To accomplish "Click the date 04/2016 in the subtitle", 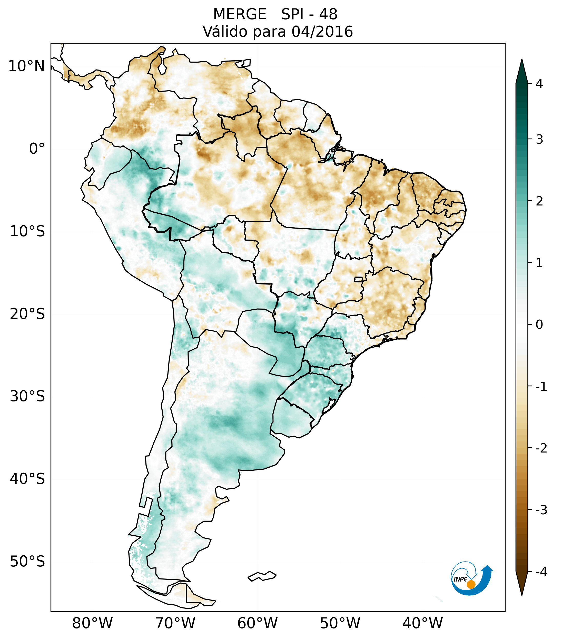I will click(x=322, y=32).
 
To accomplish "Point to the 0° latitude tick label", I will click(x=37, y=149).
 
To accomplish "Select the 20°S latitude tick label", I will click(x=27, y=314).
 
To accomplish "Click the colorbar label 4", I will click(x=539, y=84).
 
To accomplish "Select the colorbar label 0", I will click(x=539, y=325).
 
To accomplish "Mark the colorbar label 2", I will click(x=539, y=201).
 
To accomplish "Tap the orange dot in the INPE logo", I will click(x=471, y=584).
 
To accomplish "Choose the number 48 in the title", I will click(x=328, y=14).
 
